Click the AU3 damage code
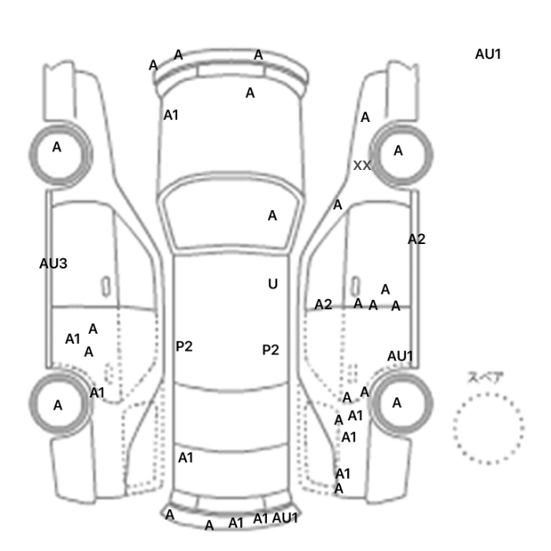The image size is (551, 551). pos(53,264)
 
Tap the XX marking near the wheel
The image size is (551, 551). pos(362,165)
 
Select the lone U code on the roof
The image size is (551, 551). pos(272,284)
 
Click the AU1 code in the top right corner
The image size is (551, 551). pos(488,54)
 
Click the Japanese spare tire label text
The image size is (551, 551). pos(481,377)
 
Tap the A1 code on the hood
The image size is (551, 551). pos(171,115)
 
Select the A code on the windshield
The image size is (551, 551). pos(272,216)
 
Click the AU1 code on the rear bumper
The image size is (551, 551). pos(285,518)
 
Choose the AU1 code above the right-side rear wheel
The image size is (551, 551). pos(400,356)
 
